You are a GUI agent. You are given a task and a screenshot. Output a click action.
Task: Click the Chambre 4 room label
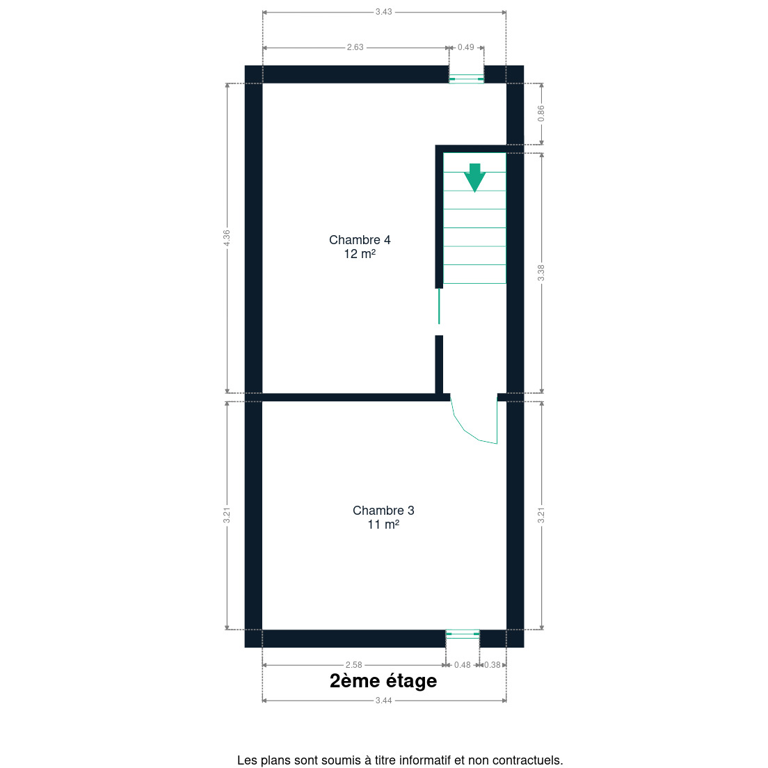360,240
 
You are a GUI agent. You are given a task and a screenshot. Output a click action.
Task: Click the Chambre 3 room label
383,511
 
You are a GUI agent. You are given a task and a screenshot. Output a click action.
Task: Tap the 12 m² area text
360,254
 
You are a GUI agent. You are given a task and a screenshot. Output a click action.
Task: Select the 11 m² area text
383,525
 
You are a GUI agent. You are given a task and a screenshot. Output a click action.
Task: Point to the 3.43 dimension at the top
383,12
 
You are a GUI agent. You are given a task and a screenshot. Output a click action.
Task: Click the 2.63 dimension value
355,47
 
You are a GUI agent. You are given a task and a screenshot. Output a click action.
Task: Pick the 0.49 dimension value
466,47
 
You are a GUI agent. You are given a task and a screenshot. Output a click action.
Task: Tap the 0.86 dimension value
541,113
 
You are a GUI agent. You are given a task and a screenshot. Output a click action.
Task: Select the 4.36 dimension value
226,238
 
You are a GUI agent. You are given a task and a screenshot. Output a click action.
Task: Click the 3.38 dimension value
541,273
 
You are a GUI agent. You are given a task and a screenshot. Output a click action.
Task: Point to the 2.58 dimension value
353,664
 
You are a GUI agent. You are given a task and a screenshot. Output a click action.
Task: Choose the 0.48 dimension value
463,664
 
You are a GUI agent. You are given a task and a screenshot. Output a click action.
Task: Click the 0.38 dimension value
493,664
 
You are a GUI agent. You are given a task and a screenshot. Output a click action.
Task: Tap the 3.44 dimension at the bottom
383,701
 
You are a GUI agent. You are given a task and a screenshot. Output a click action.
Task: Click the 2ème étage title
383,681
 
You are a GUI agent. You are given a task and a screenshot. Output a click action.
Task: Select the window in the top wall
466,79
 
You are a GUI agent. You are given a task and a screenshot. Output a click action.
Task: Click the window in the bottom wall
463,634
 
